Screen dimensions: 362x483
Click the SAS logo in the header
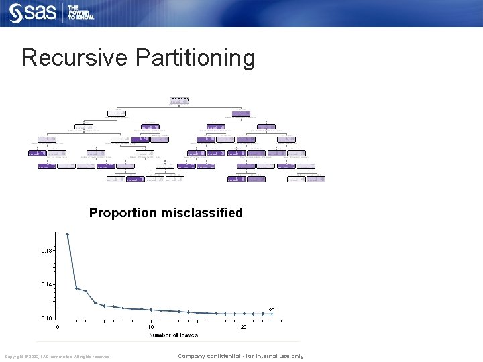click(x=33, y=13)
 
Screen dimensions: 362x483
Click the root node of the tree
click(x=179, y=101)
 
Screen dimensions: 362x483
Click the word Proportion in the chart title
click(x=122, y=213)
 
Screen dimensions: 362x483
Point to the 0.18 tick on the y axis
click(x=46, y=250)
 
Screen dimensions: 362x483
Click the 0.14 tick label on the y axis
click(x=46, y=284)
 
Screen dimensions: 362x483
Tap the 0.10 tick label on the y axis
click(x=46, y=318)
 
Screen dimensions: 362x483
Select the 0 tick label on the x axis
click(x=57, y=327)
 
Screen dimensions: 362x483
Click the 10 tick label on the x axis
click(x=150, y=327)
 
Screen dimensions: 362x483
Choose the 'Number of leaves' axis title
click(x=173, y=335)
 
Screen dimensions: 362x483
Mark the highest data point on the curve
click(x=67, y=234)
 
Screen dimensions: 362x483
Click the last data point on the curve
click(x=272, y=314)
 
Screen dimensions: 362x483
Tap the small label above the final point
click(x=272, y=309)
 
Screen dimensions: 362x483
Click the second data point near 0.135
click(x=76, y=288)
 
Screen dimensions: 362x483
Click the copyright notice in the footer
click(x=56, y=357)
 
